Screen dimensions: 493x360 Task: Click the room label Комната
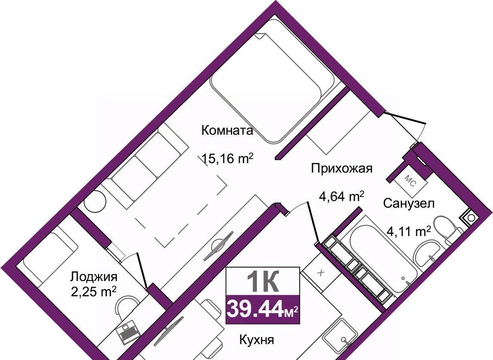pyautogui.click(x=227, y=130)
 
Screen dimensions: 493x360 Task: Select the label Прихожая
pyautogui.click(x=342, y=169)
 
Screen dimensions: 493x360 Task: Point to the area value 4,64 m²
pyautogui.click(x=342, y=197)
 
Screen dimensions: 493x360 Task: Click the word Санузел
pyautogui.click(x=408, y=203)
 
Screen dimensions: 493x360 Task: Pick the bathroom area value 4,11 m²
pyautogui.click(x=408, y=233)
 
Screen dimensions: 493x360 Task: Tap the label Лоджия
pyautogui.click(x=94, y=277)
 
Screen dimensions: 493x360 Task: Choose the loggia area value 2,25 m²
pyautogui.click(x=94, y=292)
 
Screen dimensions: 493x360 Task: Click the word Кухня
pyautogui.click(x=257, y=340)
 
